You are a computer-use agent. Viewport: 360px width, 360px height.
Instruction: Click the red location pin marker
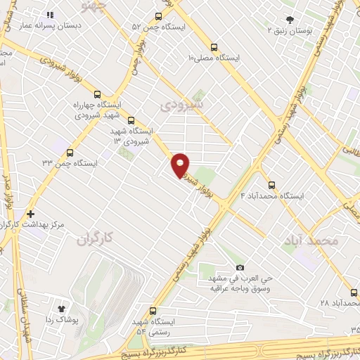(x=181, y=164)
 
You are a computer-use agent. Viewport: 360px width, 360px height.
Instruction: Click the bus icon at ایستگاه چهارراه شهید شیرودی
(x=97, y=94)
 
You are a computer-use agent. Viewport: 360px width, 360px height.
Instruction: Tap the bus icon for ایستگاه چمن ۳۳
(x=70, y=152)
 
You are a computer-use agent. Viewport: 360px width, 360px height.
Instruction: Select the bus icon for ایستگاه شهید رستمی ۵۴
(x=153, y=311)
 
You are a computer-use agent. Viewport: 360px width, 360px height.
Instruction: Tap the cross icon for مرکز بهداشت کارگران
(x=30, y=214)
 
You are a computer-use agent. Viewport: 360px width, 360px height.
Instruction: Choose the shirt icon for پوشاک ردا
(x=61, y=307)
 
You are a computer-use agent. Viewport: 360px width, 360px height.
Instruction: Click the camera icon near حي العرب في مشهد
(x=240, y=268)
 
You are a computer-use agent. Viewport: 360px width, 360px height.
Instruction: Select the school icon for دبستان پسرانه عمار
(x=49, y=14)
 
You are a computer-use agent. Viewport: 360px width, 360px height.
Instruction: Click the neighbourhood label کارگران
(x=92, y=239)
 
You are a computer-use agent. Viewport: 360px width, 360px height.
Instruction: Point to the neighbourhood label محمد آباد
(x=311, y=240)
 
